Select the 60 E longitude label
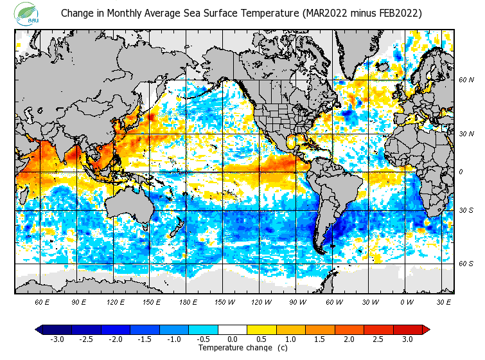click(x=42, y=302)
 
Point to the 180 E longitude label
click(x=188, y=302)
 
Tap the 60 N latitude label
click(x=466, y=80)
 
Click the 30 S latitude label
click(x=466, y=211)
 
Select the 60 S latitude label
click(x=466, y=264)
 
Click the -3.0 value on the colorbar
click(x=57, y=339)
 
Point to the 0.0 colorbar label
click(x=233, y=339)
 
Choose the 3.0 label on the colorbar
click(x=407, y=339)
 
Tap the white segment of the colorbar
click(x=233, y=330)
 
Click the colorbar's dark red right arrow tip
click(x=426, y=330)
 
